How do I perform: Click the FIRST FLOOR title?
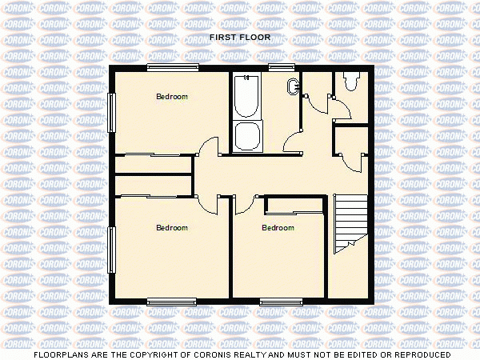click(x=240, y=37)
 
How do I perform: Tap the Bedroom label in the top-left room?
click(x=171, y=97)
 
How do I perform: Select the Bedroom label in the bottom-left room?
click(x=171, y=228)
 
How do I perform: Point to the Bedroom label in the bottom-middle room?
click(x=278, y=228)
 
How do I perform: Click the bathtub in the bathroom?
click(x=246, y=97)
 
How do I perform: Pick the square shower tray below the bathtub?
click(x=246, y=135)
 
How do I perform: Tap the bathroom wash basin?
click(x=292, y=87)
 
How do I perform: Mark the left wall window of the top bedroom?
click(x=112, y=108)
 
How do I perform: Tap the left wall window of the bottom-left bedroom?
click(x=112, y=249)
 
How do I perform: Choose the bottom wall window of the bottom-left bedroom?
click(x=171, y=301)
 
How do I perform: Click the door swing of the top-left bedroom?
click(x=207, y=147)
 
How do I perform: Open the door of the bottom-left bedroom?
click(x=210, y=203)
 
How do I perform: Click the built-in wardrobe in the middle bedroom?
click(x=295, y=206)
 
